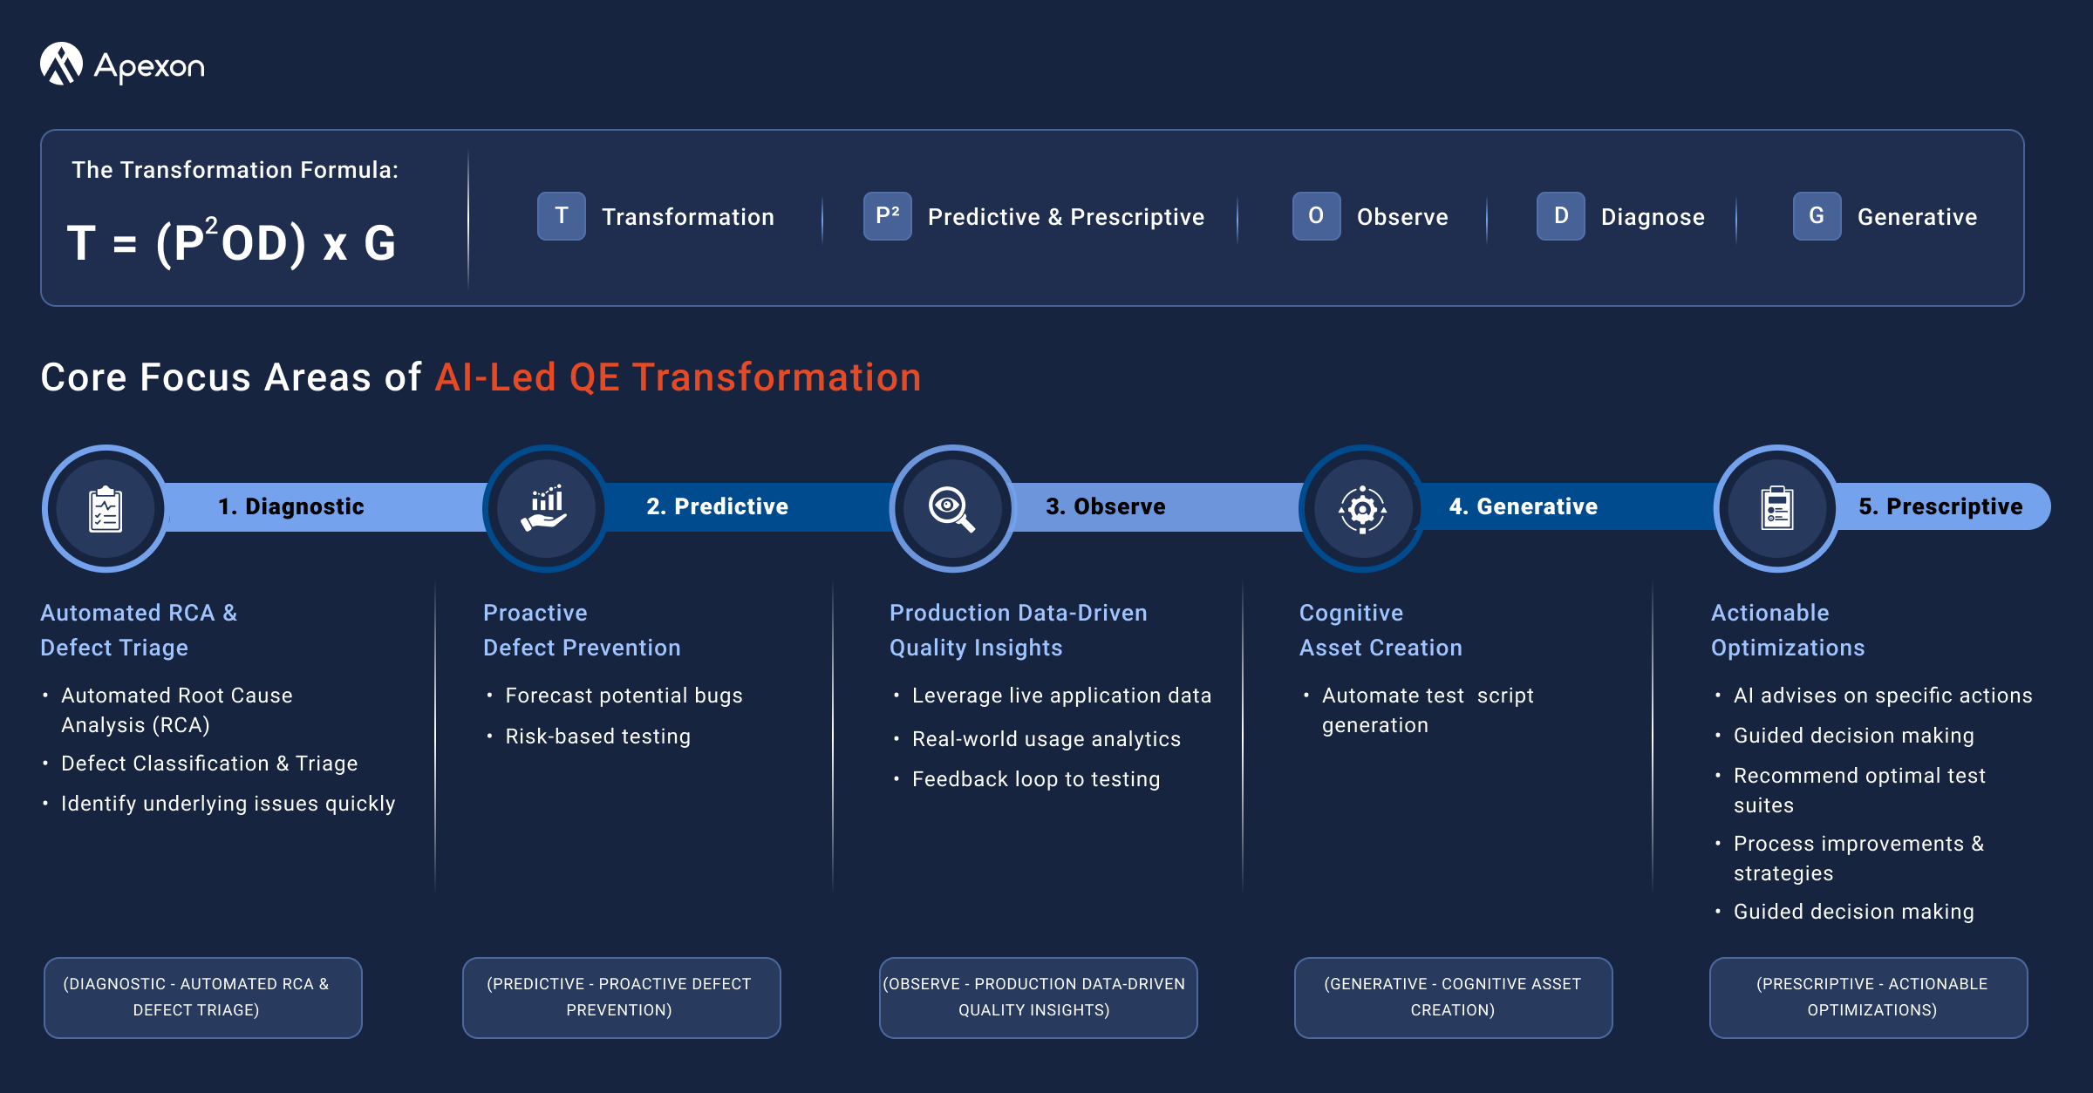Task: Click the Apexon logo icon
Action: pos(61,64)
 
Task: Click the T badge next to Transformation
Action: pos(562,216)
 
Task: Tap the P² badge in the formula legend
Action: pos(888,216)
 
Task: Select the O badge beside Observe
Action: pos(1317,216)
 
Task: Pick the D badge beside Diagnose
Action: pos(1561,216)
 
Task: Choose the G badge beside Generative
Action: pos(1817,216)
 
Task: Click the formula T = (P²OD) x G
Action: pos(232,241)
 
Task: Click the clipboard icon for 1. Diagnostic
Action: pos(106,509)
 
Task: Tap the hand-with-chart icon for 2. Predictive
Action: pos(545,508)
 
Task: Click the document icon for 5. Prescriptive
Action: pos(1777,508)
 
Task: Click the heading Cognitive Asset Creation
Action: pos(1381,630)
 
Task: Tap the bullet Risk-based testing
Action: pos(598,737)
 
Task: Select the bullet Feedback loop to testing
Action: pos(1036,779)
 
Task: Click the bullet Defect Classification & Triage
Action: pos(209,764)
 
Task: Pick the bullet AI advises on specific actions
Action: pos(1883,696)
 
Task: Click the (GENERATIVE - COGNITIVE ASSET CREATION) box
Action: pos(1453,997)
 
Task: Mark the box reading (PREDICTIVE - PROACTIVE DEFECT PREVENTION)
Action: pos(621,997)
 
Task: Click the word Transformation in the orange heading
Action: pos(776,377)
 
